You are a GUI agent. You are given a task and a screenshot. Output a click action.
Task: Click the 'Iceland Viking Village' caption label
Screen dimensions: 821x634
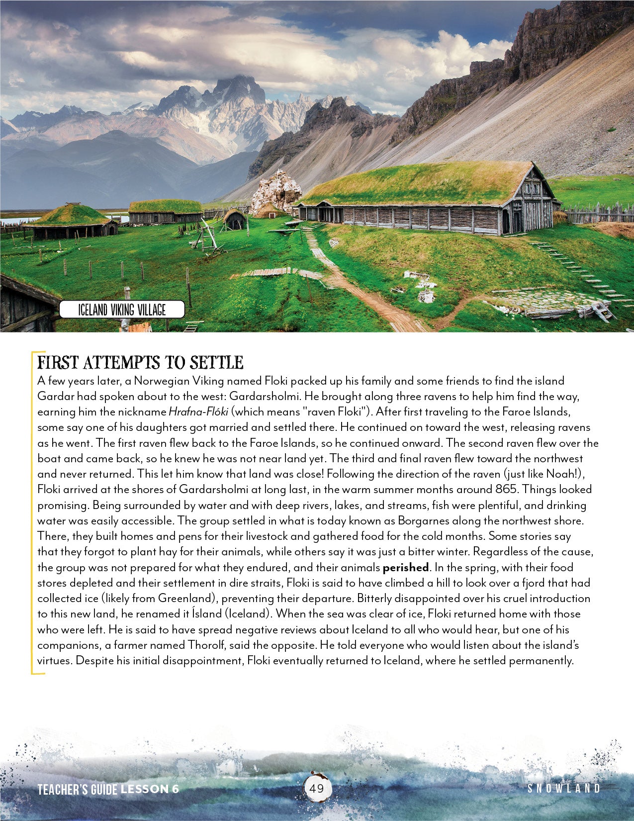[122, 310]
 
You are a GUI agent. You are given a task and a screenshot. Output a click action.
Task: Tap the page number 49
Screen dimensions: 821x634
[316, 788]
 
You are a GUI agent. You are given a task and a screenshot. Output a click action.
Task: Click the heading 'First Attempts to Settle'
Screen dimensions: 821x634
[140, 362]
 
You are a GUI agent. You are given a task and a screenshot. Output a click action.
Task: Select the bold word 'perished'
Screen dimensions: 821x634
[405, 567]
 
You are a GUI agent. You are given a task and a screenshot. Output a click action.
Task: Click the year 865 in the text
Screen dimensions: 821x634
[505, 490]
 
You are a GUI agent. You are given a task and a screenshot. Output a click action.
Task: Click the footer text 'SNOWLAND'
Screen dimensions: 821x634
[563, 788]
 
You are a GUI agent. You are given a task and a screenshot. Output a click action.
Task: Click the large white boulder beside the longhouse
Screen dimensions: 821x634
[276, 191]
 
